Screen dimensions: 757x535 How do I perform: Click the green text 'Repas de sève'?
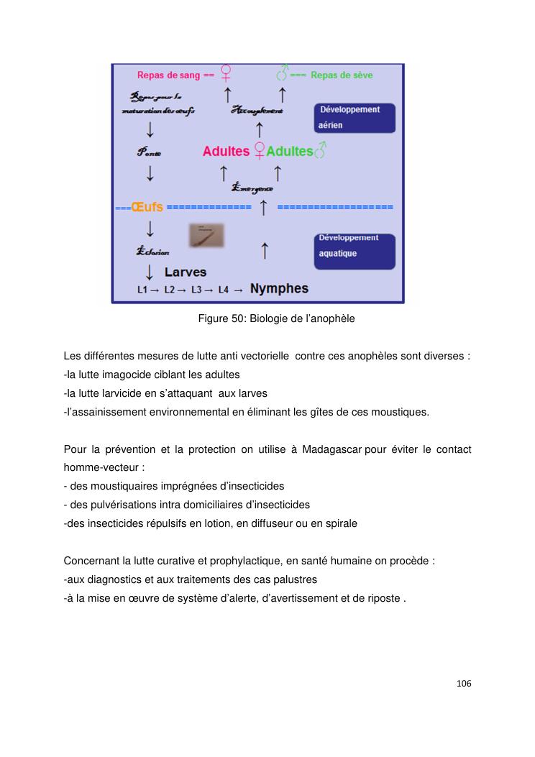(x=342, y=75)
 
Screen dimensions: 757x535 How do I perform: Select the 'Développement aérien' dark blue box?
(x=355, y=117)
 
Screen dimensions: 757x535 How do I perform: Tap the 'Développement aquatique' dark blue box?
(x=355, y=247)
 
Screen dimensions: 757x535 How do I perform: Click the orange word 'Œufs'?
(x=147, y=207)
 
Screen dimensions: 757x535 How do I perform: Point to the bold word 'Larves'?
(x=186, y=272)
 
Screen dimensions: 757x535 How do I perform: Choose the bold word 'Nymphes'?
(x=279, y=289)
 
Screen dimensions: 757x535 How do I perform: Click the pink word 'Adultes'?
(x=226, y=152)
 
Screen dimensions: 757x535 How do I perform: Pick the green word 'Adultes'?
(x=289, y=152)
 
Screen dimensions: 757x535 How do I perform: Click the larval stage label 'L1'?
(x=143, y=290)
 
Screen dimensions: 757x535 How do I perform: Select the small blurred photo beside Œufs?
(x=206, y=235)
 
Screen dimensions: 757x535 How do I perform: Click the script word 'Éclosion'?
(x=152, y=252)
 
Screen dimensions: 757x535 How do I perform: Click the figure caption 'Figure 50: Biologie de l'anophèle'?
(x=276, y=318)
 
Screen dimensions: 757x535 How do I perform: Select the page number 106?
(x=464, y=683)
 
